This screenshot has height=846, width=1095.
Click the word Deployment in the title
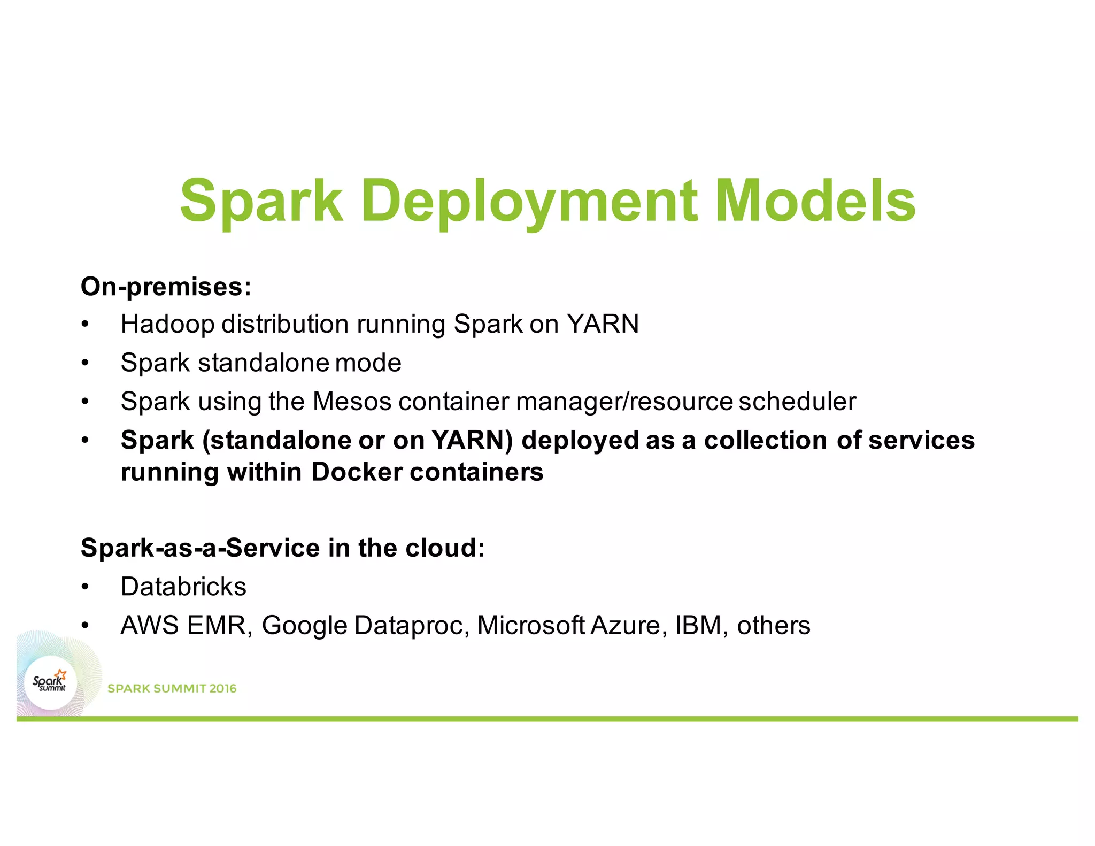coord(529,201)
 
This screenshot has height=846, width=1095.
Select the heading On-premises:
coord(166,287)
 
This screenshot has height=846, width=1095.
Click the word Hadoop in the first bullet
coord(167,324)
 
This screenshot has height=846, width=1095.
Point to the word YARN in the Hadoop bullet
coord(603,324)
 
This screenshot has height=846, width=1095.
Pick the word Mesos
coord(352,402)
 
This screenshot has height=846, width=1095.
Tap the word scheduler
coord(797,402)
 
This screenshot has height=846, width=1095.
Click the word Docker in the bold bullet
coord(357,472)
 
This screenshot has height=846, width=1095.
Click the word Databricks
coord(183,587)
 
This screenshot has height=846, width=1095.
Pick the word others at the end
coord(773,626)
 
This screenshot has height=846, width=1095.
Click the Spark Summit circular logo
coord(51,683)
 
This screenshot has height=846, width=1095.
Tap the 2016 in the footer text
coord(222,689)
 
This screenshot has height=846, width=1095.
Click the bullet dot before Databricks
coord(85,587)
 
